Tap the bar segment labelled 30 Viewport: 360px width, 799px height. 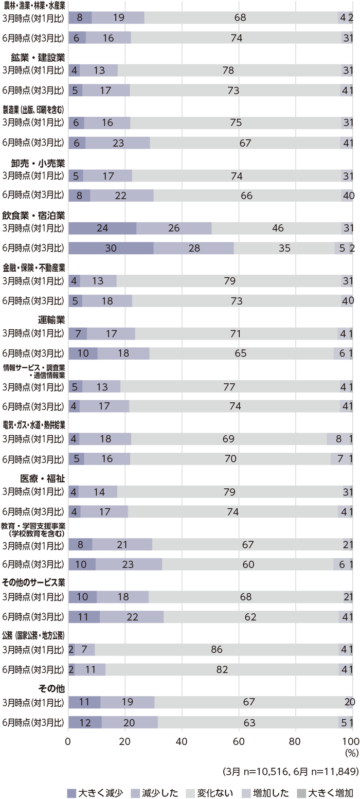[111, 247]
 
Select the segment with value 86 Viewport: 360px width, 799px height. [217, 649]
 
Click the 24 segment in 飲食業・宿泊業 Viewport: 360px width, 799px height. [102, 228]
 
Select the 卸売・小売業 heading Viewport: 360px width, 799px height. [38, 163]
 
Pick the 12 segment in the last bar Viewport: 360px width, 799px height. [85, 722]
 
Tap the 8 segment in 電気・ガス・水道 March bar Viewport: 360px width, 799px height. [338, 439]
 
